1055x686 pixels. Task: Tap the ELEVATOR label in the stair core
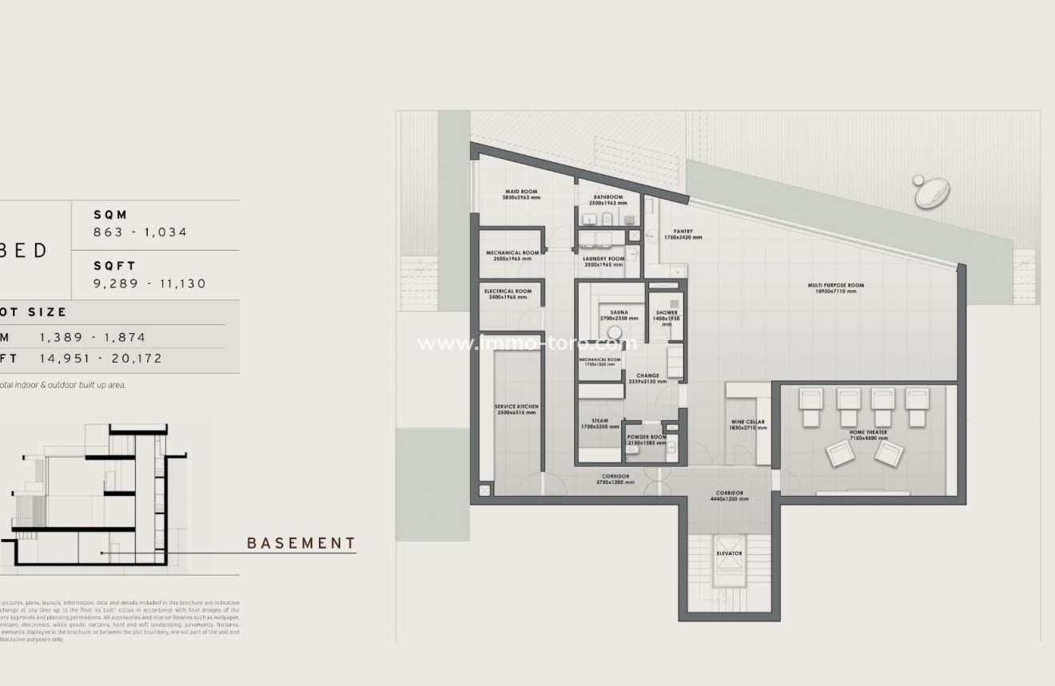[x=729, y=553]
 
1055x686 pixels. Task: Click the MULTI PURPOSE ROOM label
[x=835, y=285]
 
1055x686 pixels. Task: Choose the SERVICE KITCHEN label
[x=516, y=406]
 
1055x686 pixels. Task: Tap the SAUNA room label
[x=619, y=312]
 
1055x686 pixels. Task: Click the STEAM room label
[x=599, y=421]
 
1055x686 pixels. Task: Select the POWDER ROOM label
[x=647, y=437]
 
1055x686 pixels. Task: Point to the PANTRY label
[x=683, y=232]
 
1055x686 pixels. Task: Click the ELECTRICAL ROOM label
[x=508, y=291]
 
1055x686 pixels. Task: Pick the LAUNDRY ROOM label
[x=603, y=260]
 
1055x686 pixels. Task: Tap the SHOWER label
[x=667, y=312]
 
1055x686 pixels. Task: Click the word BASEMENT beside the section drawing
[x=301, y=544]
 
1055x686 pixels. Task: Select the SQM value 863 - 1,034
[x=141, y=232]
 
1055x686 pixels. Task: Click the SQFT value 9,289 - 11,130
[x=150, y=284]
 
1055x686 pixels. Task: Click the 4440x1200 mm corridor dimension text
[x=729, y=499]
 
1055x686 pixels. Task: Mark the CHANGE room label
[x=647, y=375]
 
